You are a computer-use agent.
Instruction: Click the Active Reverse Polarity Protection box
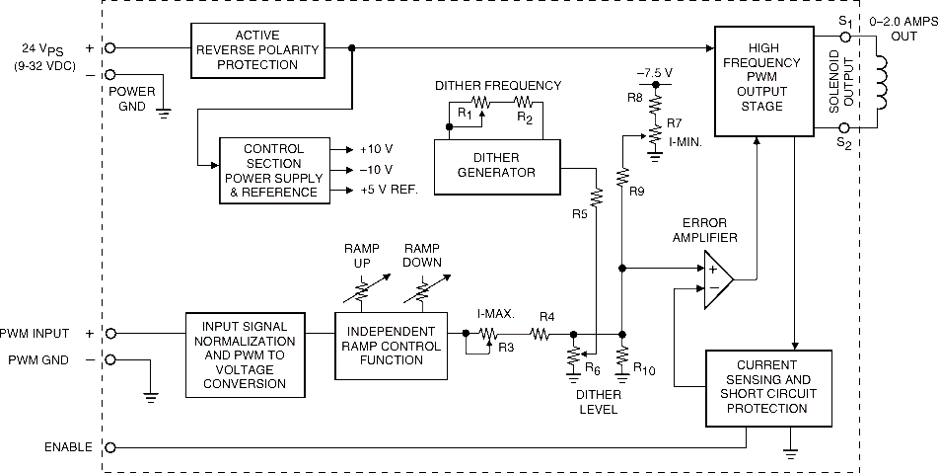pyautogui.click(x=257, y=50)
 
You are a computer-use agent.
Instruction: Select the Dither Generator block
pyautogui.click(x=497, y=167)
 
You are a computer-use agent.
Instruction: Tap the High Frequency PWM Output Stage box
pyautogui.click(x=765, y=81)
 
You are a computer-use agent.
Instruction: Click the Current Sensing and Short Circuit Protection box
pyautogui.click(x=768, y=388)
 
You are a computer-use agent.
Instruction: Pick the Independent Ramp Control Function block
pyautogui.click(x=392, y=346)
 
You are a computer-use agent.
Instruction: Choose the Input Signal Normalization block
pyautogui.click(x=245, y=355)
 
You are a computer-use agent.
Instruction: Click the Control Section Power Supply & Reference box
pyautogui.click(x=274, y=171)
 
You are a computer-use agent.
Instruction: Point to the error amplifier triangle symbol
pyautogui.click(x=718, y=279)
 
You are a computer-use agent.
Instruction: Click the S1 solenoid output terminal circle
pyautogui.click(x=845, y=38)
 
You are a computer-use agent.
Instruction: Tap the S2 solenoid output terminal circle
pyautogui.click(x=845, y=127)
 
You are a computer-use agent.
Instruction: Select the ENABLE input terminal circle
pyautogui.click(x=110, y=447)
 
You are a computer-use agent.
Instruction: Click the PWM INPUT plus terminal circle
pyautogui.click(x=110, y=334)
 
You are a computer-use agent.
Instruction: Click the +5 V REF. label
pyautogui.click(x=389, y=191)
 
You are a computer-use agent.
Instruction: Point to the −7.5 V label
pyautogui.click(x=655, y=72)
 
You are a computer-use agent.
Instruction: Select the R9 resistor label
pyautogui.click(x=636, y=193)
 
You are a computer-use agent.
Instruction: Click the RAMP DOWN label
pyautogui.click(x=422, y=255)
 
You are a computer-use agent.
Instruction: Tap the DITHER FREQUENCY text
pyautogui.click(x=498, y=86)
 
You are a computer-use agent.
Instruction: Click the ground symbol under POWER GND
pyautogui.click(x=163, y=114)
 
